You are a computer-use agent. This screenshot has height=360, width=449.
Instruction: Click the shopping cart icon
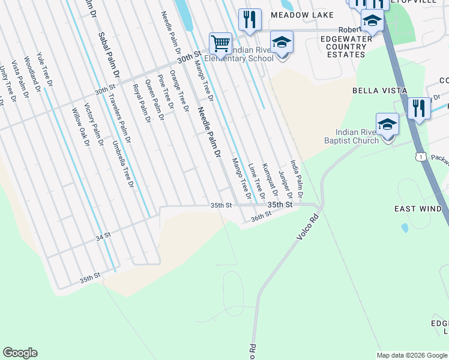click(220, 43)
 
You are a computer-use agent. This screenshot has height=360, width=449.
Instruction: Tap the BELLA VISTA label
click(379, 91)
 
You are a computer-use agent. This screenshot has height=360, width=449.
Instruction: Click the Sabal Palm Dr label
click(109, 55)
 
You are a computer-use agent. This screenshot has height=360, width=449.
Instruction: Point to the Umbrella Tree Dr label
click(122, 164)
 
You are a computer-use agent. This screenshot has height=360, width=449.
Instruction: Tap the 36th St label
click(261, 217)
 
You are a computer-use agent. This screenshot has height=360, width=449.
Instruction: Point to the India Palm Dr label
click(297, 178)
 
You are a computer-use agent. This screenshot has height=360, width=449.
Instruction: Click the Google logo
click(20, 353)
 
